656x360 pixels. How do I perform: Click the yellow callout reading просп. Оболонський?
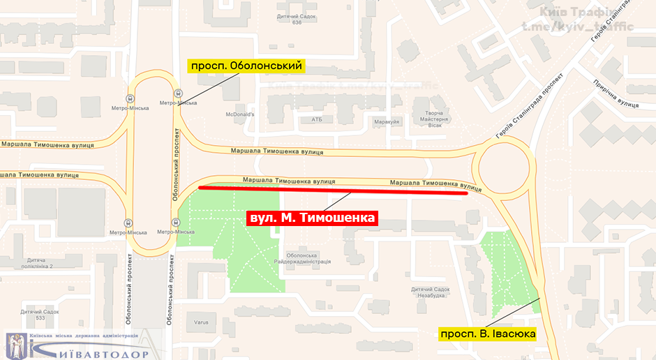246,66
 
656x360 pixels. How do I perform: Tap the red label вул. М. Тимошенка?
312,218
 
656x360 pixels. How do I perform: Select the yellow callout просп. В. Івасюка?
487,334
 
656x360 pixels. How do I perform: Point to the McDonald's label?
240,114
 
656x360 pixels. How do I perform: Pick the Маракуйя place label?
385,121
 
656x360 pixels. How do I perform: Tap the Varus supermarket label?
202,322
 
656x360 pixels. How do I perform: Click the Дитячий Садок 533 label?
31,315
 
